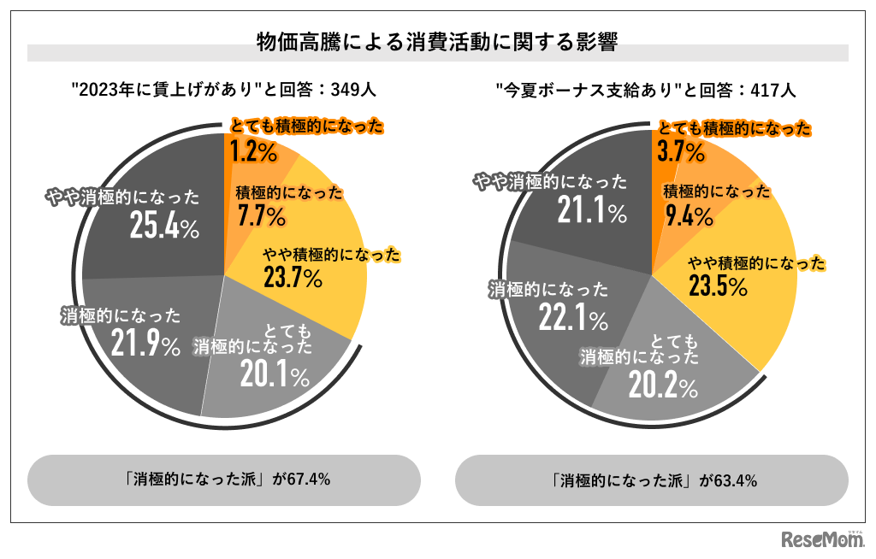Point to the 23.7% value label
click(293, 278)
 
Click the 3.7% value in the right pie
click(680, 153)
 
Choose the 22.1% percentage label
click(573, 318)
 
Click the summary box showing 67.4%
click(224, 480)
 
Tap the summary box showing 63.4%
click(651, 480)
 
